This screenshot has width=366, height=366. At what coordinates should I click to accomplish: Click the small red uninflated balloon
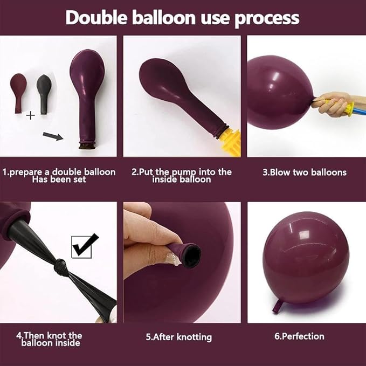click(x=19, y=91)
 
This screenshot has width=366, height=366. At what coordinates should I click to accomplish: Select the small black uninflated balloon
click(x=44, y=89)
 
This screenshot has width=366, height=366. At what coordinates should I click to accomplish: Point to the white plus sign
click(x=31, y=115)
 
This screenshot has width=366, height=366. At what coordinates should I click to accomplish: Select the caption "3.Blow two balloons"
click(x=304, y=172)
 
